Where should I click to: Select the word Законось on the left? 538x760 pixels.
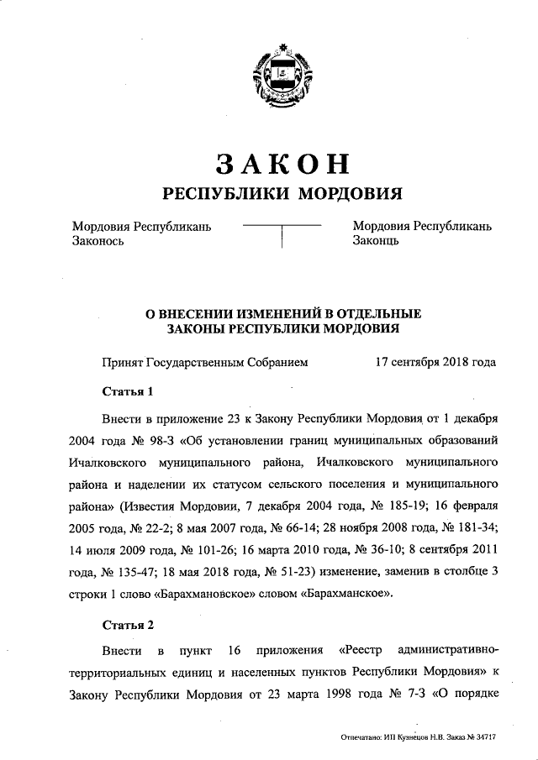99,241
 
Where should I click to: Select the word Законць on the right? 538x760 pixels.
376,241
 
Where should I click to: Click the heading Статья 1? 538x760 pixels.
129,391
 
